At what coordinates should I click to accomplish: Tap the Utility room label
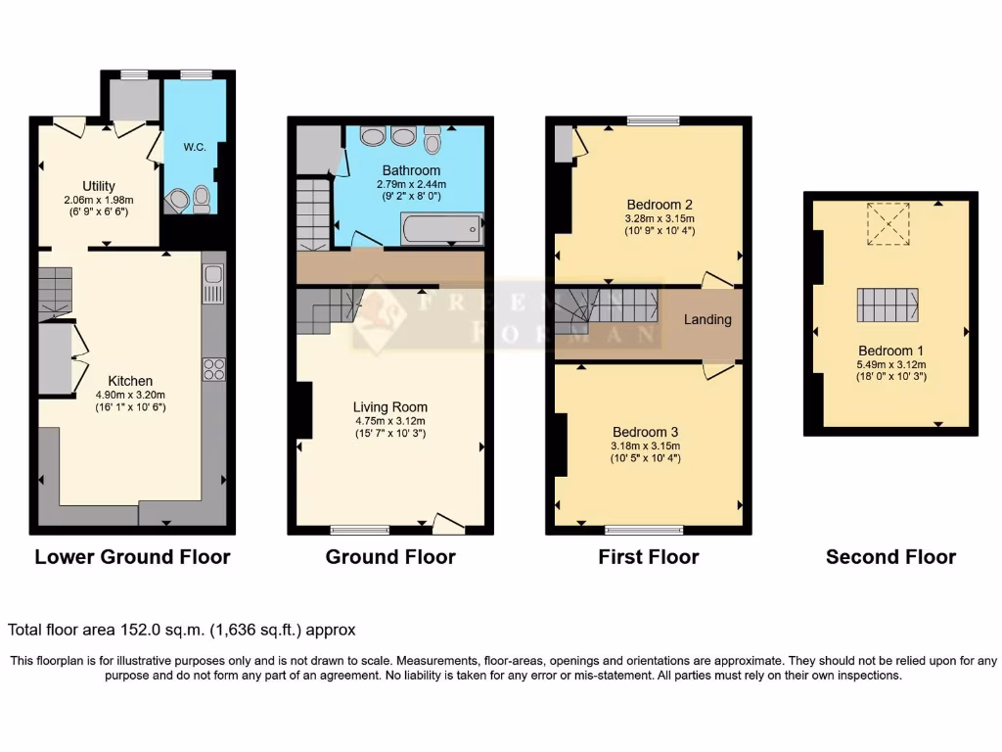point(99,186)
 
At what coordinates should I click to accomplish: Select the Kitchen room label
point(130,381)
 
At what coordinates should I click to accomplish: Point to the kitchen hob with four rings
point(213,369)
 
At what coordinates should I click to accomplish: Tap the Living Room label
point(390,407)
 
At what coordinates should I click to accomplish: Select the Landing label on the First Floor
point(706,319)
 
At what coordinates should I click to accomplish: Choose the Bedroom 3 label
point(646,432)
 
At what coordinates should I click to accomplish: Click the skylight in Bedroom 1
point(888,219)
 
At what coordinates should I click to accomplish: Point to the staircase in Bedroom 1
point(888,305)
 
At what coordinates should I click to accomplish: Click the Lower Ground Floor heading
point(132,557)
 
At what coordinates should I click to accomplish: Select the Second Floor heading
point(890,557)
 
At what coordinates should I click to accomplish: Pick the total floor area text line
point(182,630)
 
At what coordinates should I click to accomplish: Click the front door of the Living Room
point(448,525)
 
